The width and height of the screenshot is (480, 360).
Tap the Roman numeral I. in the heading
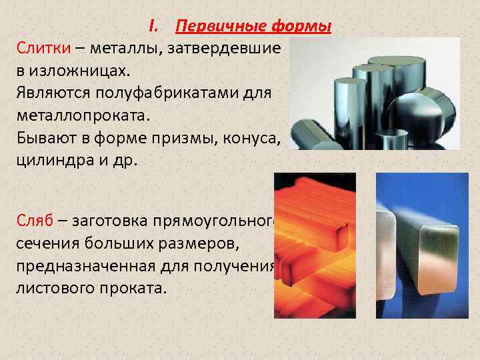(154, 26)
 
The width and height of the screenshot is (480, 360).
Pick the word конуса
(255, 135)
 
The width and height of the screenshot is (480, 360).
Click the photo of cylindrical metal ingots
(377, 93)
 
